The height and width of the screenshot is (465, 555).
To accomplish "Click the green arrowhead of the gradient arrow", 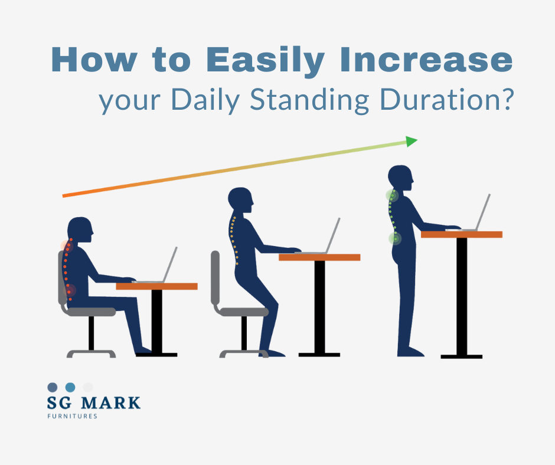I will [411, 142].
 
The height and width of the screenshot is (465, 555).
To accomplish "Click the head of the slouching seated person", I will [80, 231].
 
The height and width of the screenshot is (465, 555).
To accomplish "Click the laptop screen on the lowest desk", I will [171, 264].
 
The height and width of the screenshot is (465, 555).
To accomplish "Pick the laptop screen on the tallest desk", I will [484, 211].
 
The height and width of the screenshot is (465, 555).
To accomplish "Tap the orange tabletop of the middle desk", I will [319, 257].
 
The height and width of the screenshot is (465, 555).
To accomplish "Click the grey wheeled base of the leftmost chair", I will [91, 353].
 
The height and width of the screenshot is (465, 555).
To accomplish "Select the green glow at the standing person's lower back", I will [394, 238].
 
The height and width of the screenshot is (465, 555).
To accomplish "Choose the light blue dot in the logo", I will [70, 387].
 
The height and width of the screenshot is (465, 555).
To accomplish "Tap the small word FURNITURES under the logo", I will [72, 416].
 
